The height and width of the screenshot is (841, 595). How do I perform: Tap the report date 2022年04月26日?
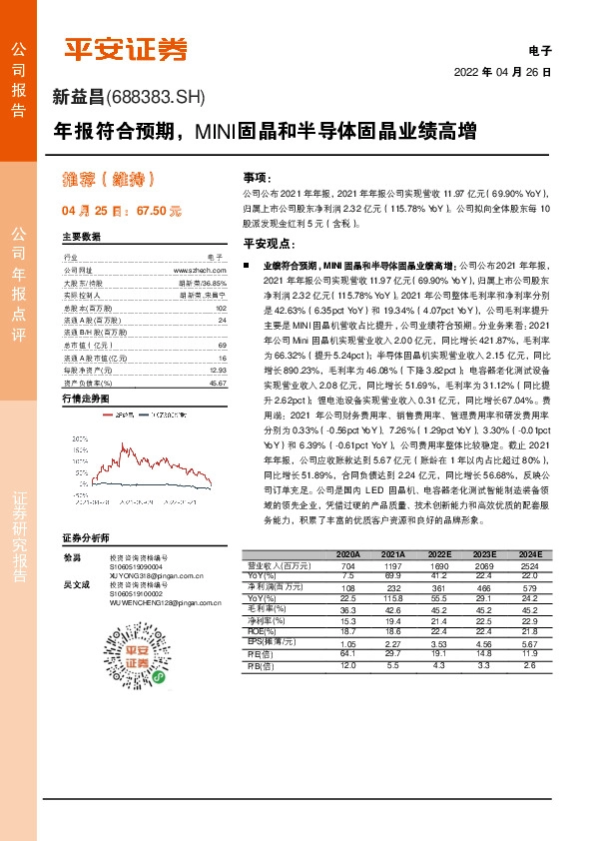502,72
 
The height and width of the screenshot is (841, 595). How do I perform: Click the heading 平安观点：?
267,243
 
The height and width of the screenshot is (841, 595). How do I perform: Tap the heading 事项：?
258,176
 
